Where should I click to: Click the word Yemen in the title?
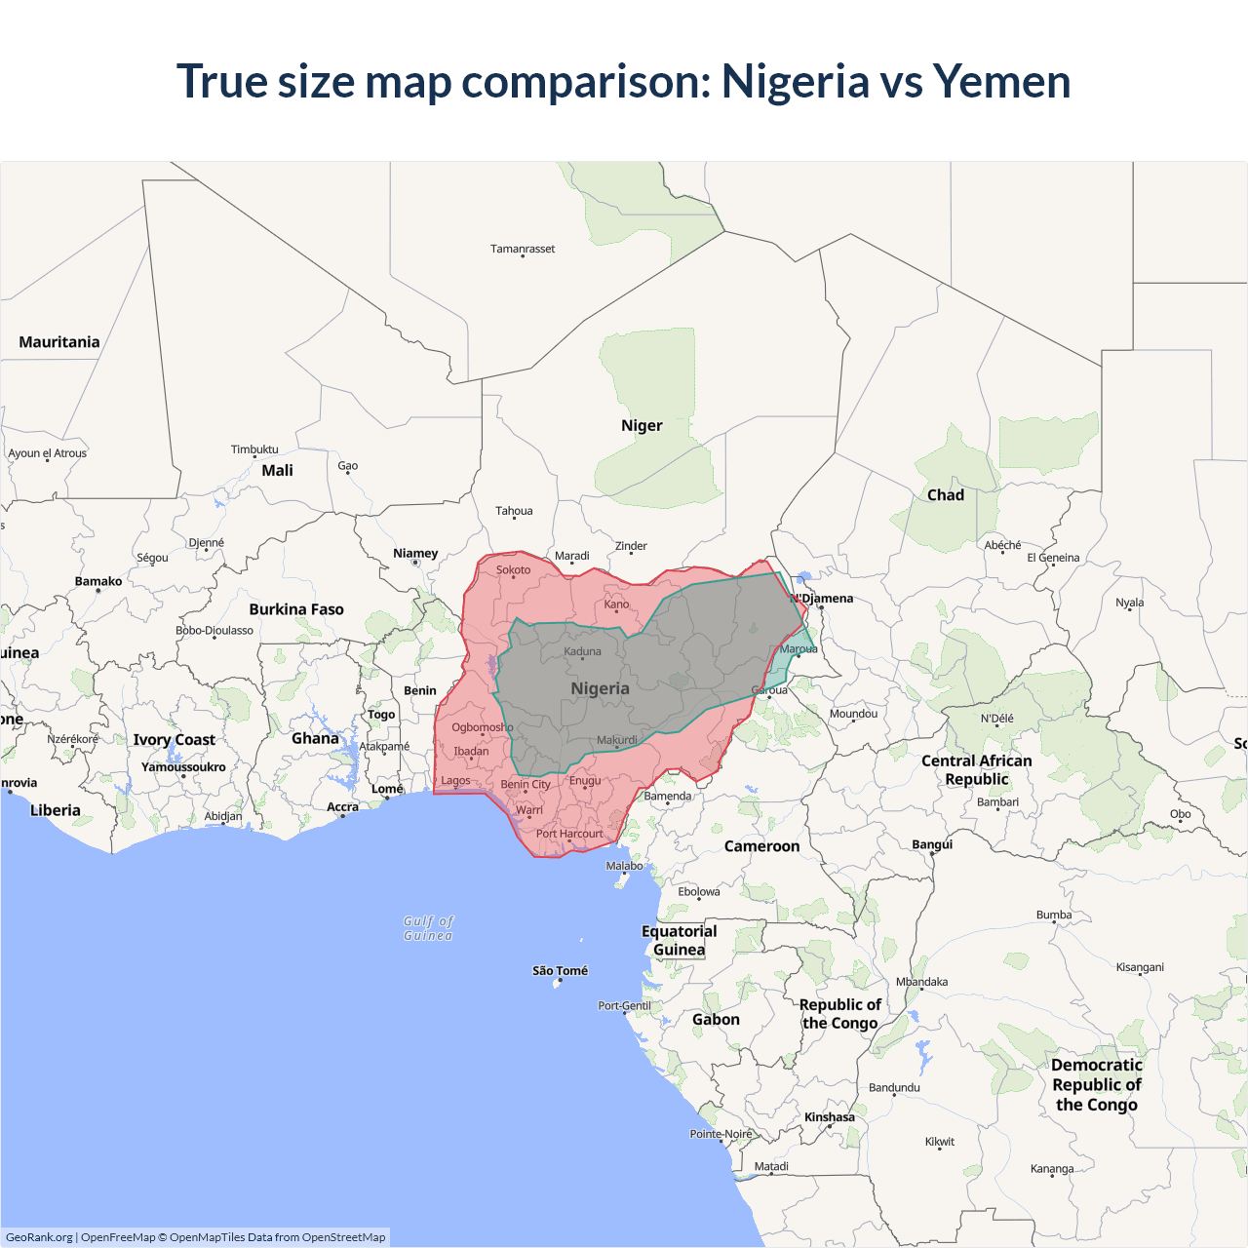tap(1001, 81)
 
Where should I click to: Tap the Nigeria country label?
tap(600, 688)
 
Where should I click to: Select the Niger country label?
tap(642, 425)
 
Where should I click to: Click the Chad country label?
tap(945, 494)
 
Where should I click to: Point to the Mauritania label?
tap(59, 341)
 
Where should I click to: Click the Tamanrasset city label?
tap(523, 249)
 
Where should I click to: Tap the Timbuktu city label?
tap(254, 449)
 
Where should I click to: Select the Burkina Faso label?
tap(296, 609)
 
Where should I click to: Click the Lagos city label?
tap(455, 780)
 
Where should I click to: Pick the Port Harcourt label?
tap(569, 834)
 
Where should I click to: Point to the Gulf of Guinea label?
tap(428, 928)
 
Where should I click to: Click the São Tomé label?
tap(560, 970)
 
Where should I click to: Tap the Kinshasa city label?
tap(829, 1117)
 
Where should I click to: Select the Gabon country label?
tap(716, 1019)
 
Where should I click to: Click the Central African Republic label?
tap(976, 769)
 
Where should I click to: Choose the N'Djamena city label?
tap(824, 599)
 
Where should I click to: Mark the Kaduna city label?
tap(582, 651)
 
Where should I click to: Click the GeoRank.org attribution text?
tap(39, 1237)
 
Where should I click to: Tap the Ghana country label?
tap(315, 738)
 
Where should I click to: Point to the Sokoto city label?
tap(513, 569)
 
